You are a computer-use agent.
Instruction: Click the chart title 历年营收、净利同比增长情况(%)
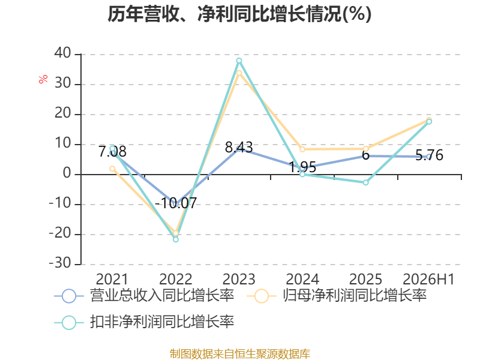pyautogui.click(x=239, y=14)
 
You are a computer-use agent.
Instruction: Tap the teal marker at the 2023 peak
pyautogui.click(x=239, y=61)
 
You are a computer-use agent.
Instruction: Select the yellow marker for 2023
pyautogui.click(x=239, y=73)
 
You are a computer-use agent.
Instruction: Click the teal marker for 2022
pyautogui.click(x=176, y=239)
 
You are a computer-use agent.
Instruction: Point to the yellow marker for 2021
pyautogui.click(x=112, y=169)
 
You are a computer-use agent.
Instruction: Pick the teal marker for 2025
pyautogui.click(x=365, y=182)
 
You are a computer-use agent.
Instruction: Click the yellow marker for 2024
pyautogui.click(x=302, y=149)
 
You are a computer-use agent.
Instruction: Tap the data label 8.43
pyautogui.click(x=239, y=147)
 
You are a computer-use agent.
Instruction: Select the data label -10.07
pyautogui.click(x=176, y=203)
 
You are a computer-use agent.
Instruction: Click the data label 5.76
pyautogui.click(x=429, y=155)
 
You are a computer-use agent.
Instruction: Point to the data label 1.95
pyautogui.click(x=302, y=167)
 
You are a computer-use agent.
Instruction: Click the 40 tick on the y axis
pyautogui.click(x=63, y=53)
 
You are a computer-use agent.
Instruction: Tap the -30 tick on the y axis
pyautogui.click(x=60, y=263)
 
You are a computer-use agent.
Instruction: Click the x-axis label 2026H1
pyautogui.click(x=428, y=279)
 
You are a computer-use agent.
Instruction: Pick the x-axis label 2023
pyautogui.click(x=239, y=279)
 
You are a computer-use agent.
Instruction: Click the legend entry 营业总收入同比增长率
pyautogui.click(x=144, y=296)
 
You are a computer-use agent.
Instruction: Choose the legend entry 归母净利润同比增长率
pyautogui.click(x=337, y=296)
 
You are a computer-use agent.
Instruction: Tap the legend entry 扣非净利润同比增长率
pyautogui.click(x=144, y=322)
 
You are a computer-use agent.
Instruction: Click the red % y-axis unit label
pyautogui.click(x=43, y=79)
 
